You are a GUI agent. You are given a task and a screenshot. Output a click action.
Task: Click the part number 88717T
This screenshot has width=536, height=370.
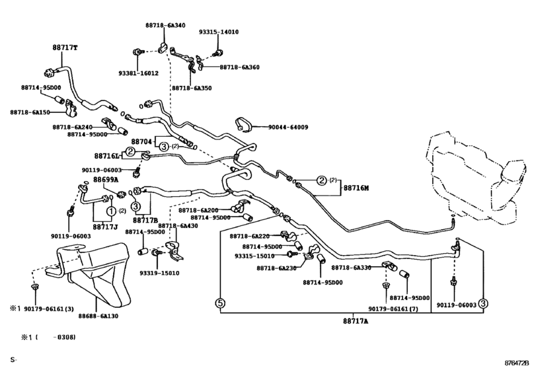(x=65, y=48)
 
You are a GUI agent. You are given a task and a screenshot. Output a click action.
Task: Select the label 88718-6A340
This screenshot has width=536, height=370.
(x=165, y=24)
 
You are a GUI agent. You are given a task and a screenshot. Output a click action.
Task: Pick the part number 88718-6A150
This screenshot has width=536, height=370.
(x=40, y=112)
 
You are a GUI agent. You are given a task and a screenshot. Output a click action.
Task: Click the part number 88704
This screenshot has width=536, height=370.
(x=141, y=141)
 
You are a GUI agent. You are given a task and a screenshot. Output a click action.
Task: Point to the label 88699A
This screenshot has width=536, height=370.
(x=105, y=180)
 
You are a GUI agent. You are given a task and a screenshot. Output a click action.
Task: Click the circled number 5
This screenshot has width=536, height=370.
(x=220, y=304)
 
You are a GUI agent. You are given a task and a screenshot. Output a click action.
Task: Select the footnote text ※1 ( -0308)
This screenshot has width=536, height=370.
(x=47, y=338)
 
